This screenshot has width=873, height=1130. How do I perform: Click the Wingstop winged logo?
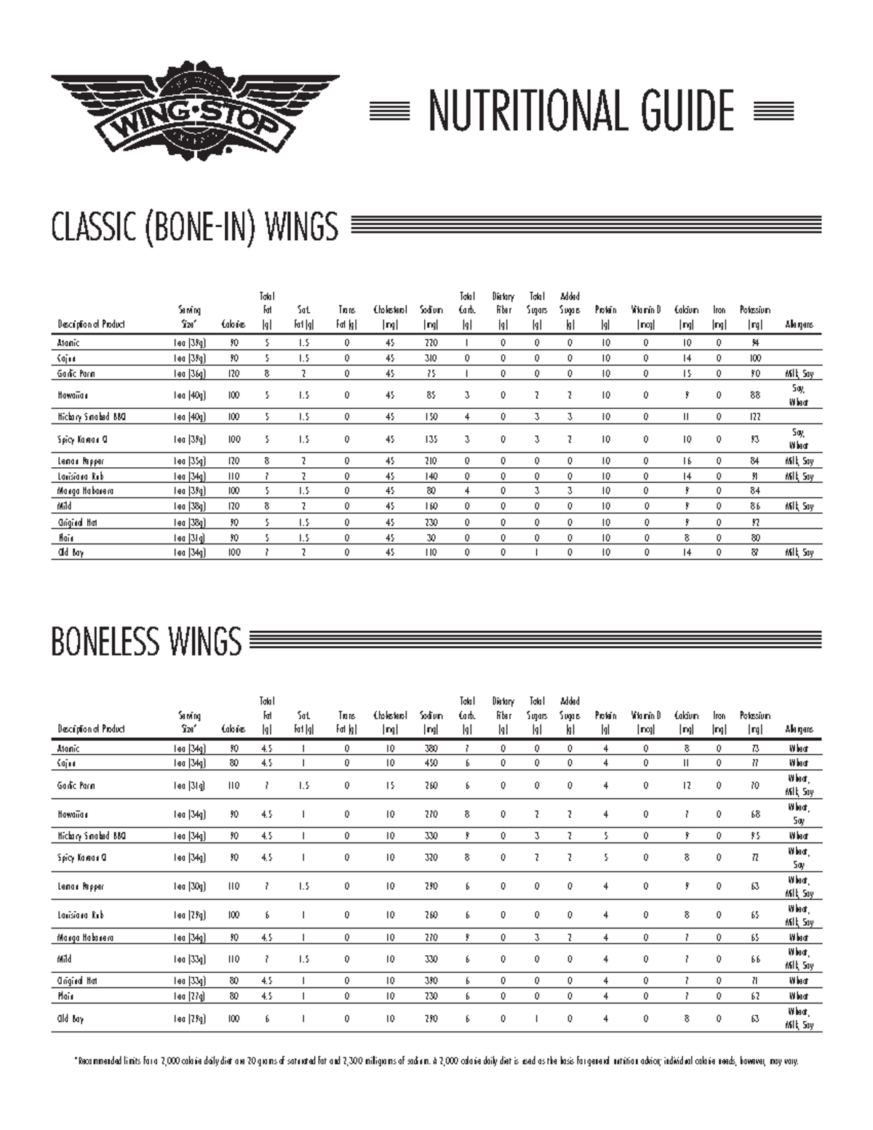[x=195, y=113]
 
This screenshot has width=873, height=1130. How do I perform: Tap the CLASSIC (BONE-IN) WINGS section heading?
[x=194, y=227]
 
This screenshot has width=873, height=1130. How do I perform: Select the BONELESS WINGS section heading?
[x=146, y=642]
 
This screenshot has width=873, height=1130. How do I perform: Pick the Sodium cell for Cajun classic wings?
[x=431, y=359]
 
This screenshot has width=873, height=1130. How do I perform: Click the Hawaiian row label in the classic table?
[x=73, y=396]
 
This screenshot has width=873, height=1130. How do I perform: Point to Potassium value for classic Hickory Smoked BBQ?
[x=755, y=418]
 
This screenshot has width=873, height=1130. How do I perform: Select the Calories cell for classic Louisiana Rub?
[x=234, y=477]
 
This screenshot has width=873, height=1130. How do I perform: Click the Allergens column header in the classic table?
[x=799, y=325]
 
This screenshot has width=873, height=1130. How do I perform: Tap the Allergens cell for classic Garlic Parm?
[x=799, y=374]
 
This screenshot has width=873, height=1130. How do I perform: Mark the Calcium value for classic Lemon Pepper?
[x=687, y=461]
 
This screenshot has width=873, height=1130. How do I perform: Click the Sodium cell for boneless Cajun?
[x=431, y=763]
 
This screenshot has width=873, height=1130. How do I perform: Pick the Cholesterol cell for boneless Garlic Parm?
[x=391, y=786]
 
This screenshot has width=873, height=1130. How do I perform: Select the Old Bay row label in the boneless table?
[x=71, y=1019]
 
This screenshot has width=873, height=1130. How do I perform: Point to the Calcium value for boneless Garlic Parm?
[x=687, y=786]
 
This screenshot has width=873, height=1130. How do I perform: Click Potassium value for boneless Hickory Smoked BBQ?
[x=755, y=836]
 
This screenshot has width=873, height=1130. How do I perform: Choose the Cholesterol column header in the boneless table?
[x=391, y=723]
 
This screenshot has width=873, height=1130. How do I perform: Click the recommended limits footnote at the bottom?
[x=436, y=1062]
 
